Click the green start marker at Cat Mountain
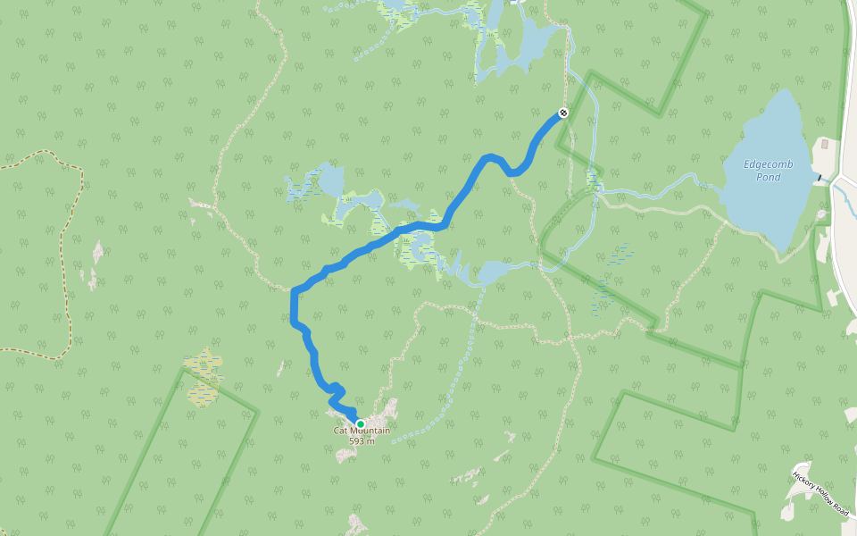(x=360, y=424)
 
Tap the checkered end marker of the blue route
(x=563, y=113)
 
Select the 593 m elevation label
(x=362, y=440)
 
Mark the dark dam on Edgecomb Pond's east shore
(x=817, y=179)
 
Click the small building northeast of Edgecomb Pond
(x=824, y=144)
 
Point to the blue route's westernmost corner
(x=294, y=291)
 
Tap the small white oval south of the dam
(x=822, y=214)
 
